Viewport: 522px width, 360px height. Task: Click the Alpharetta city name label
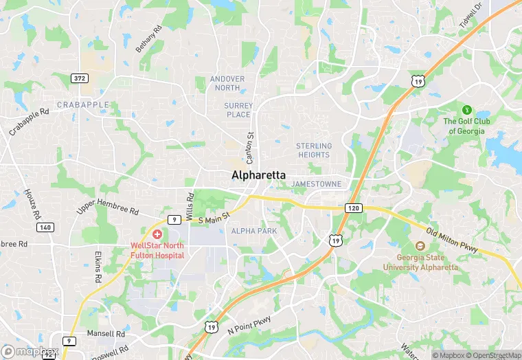(258, 175)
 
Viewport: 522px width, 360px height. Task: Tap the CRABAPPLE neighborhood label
(82, 104)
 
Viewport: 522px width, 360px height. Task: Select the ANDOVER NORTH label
(227, 83)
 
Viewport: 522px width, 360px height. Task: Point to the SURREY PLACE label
(238, 110)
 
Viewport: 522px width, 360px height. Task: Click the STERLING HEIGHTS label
(313, 150)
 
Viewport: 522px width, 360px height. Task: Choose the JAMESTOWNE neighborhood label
(316, 184)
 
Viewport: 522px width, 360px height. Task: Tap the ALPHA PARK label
(254, 231)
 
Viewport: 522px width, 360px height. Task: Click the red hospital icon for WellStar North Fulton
(158, 235)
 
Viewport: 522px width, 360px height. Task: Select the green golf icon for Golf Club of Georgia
(467, 109)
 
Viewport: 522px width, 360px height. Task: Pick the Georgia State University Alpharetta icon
(420, 247)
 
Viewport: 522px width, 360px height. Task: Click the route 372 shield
(80, 78)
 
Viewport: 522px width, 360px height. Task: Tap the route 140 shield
(45, 227)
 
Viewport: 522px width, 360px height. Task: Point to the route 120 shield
(353, 207)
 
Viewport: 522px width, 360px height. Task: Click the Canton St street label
(250, 145)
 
